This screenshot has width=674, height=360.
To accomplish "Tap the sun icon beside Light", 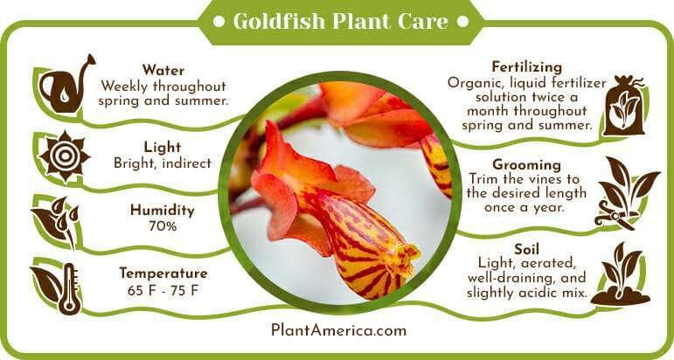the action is [x=65, y=156].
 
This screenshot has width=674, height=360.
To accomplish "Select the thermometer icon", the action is [x=69, y=288].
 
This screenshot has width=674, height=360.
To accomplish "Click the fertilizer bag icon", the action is [x=623, y=106].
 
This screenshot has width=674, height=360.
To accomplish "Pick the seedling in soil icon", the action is [x=621, y=275].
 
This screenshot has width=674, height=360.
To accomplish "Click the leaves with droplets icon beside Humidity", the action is [x=56, y=222].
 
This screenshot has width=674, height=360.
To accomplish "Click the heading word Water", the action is [x=163, y=70].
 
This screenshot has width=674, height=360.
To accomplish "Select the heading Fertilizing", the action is [x=527, y=67].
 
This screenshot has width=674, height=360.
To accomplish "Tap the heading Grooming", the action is [x=526, y=164].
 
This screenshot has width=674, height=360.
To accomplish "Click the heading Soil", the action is [x=526, y=249].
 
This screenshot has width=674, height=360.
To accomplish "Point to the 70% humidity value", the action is [x=163, y=226].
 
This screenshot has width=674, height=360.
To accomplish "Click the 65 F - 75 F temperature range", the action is [x=163, y=290].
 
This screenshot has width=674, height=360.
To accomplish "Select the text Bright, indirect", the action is [x=163, y=163].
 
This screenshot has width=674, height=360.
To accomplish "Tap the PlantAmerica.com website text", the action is [x=338, y=330].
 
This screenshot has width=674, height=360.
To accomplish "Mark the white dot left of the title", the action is [x=219, y=22].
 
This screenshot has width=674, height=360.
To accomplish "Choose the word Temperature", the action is [x=163, y=273].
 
